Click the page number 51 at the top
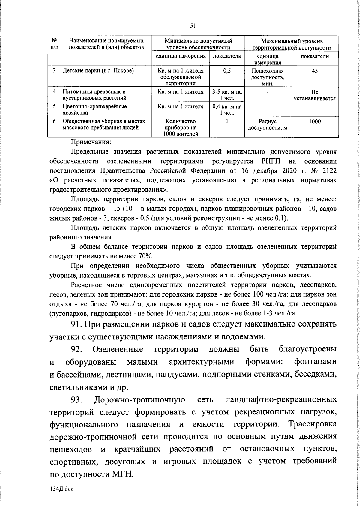[x=193, y=26]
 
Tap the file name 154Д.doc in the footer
[x=61, y=489]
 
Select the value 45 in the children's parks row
[x=315, y=71]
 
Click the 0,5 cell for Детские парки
[x=227, y=71]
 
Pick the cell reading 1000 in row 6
[x=315, y=122]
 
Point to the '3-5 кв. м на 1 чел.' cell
[x=227, y=95]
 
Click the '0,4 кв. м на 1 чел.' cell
[x=227, y=109]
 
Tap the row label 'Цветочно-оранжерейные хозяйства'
[x=94, y=109]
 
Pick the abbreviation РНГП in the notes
[x=271, y=161]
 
